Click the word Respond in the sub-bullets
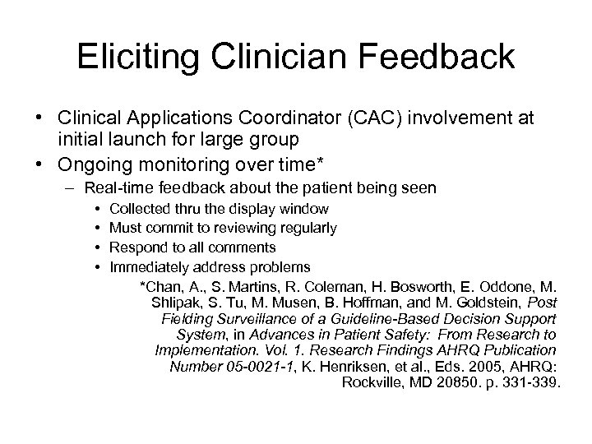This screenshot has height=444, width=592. [135, 247]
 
